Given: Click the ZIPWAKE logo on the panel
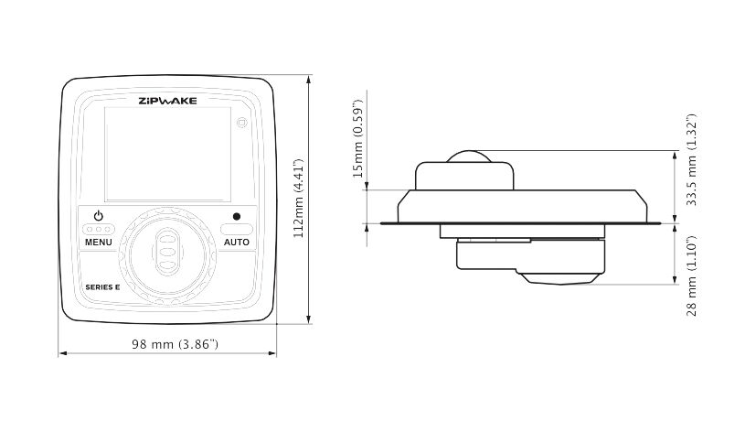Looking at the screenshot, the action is (168, 101).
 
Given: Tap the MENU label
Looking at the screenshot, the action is (99, 243).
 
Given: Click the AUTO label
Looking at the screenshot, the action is (236, 243).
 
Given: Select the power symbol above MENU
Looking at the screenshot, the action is (99, 215).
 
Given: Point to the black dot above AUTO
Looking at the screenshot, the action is (236, 217).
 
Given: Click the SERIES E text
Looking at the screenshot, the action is (102, 287).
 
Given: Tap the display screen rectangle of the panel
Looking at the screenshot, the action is (168, 154).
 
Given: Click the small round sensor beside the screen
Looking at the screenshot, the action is (242, 123).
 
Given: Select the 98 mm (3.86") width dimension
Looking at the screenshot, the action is (175, 344).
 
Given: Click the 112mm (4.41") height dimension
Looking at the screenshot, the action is (299, 199).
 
